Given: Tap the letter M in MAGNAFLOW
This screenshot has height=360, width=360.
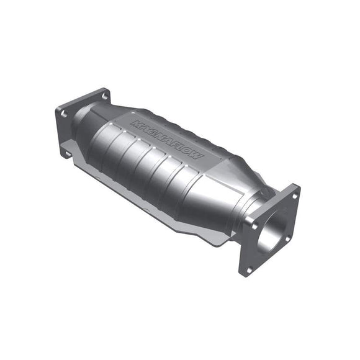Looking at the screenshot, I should tap(136, 126).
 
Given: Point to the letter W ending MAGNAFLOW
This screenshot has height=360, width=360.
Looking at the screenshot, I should tap(197, 156).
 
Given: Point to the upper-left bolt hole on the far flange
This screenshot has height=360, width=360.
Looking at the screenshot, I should tap(63, 114).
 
